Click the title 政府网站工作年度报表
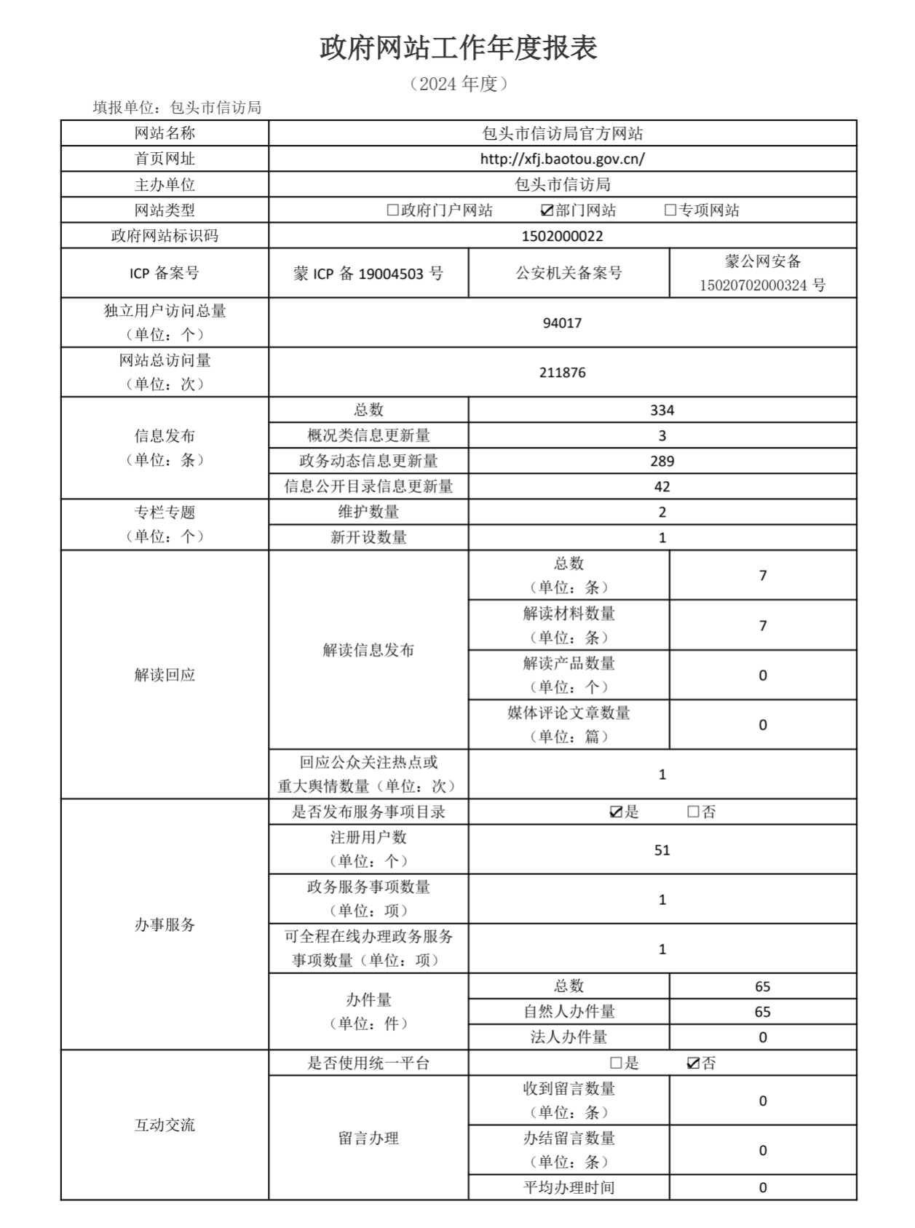pyautogui.click(x=459, y=48)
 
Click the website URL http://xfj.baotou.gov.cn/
pyautogui.click(x=562, y=159)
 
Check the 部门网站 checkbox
pyautogui.click(x=547, y=210)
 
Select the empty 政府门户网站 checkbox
pyautogui.click(x=393, y=210)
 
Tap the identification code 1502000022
pyautogui.click(x=562, y=236)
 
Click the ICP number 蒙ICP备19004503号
pyautogui.click(x=368, y=274)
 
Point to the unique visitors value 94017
pyautogui.click(x=562, y=323)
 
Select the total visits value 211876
pyautogui.click(x=562, y=373)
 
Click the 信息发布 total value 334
pyautogui.click(x=662, y=411)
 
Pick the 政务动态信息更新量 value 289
pyautogui.click(x=662, y=462)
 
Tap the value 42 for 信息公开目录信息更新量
pyautogui.click(x=662, y=487)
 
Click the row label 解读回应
pyautogui.click(x=165, y=675)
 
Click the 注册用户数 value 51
pyautogui.click(x=662, y=850)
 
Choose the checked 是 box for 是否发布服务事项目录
pyautogui.click(x=616, y=812)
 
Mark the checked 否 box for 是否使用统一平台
pyautogui.click(x=693, y=1063)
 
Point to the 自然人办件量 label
pyautogui.click(x=569, y=1012)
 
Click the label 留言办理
pyautogui.click(x=368, y=1138)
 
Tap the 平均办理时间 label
pyautogui.click(x=569, y=1188)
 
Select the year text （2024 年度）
pyautogui.click(x=459, y=84)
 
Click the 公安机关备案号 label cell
pyautogui.click(x=569, y=274)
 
